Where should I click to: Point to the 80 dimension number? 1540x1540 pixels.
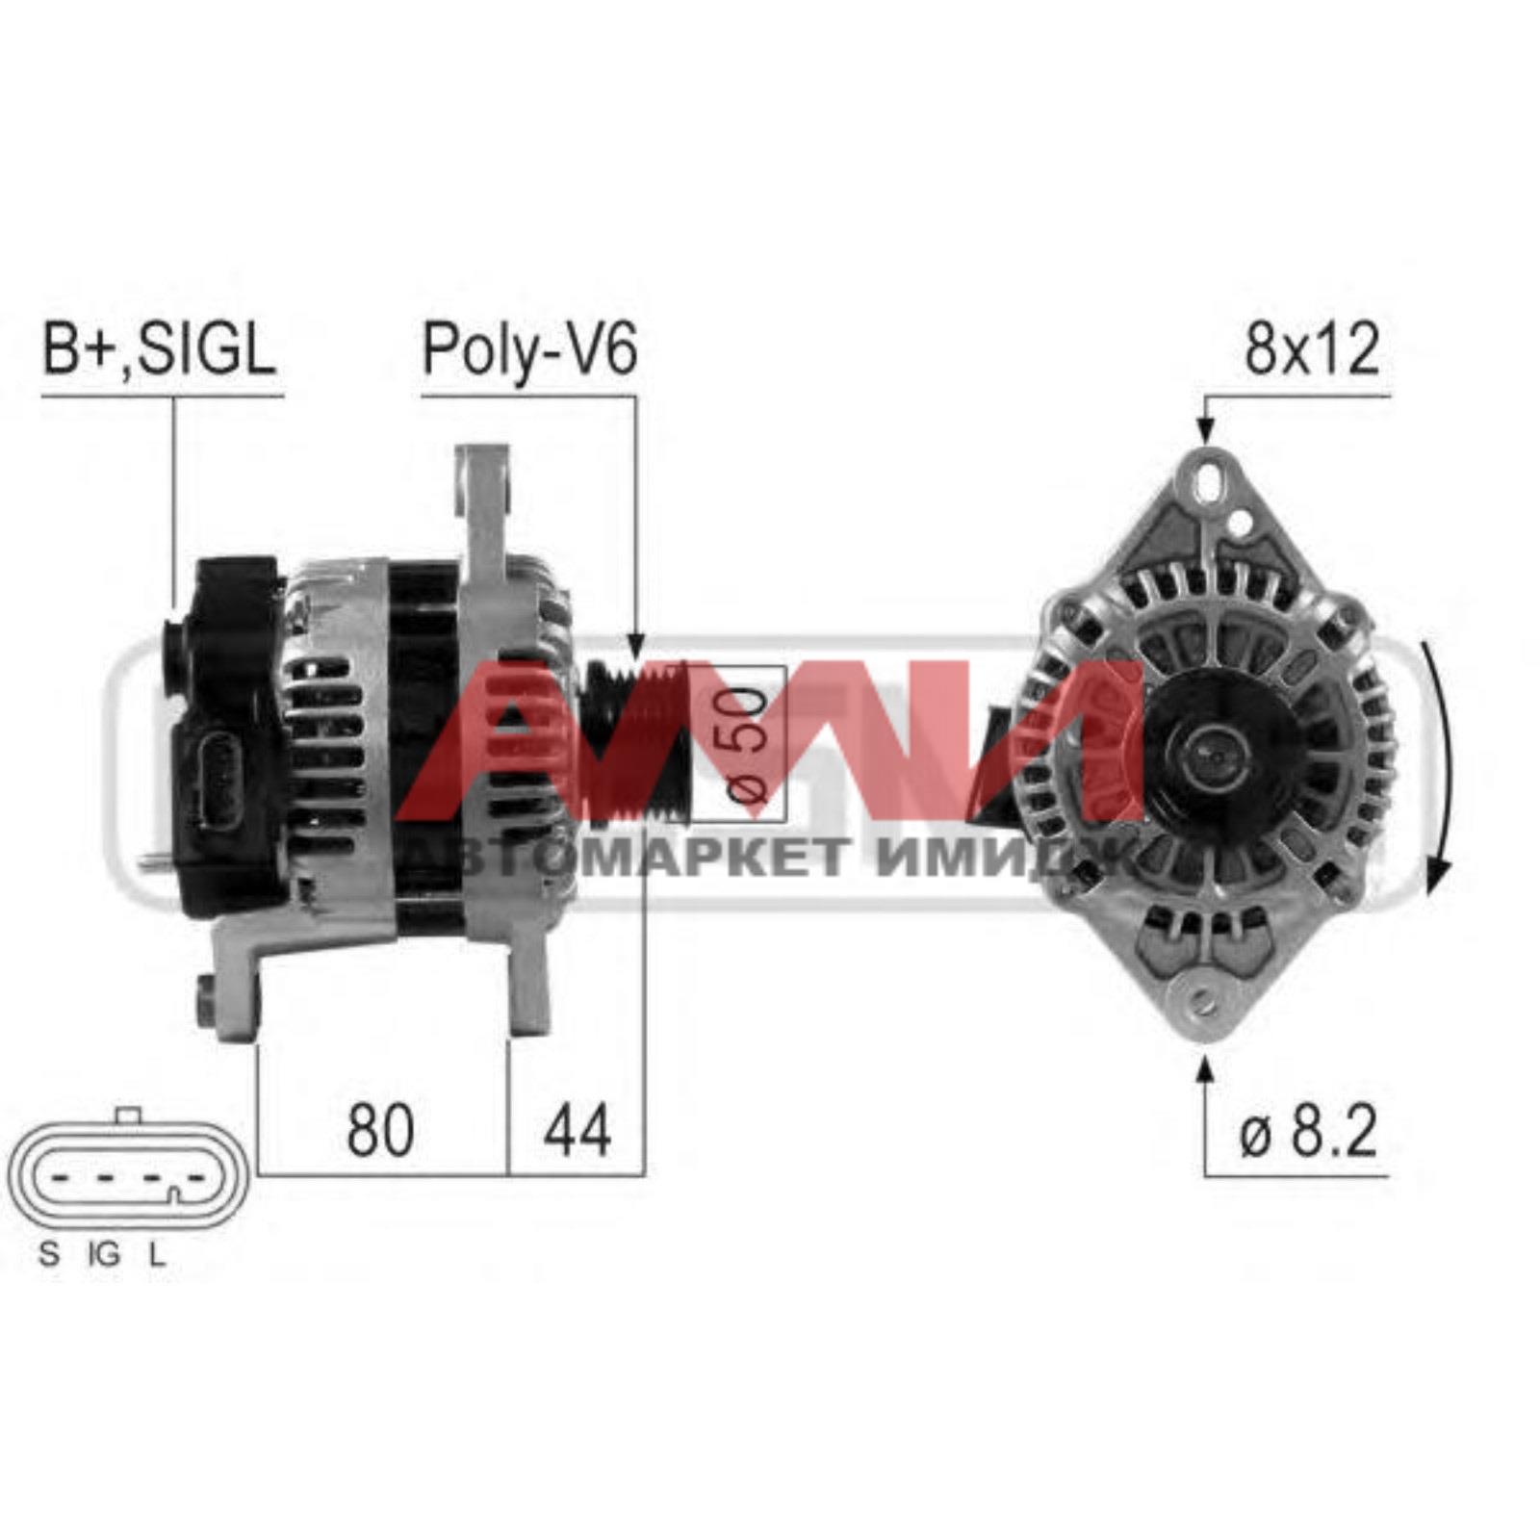pyautogui.click(x=380, y=1130)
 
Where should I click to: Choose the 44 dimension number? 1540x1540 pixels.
pyautogui.click(x=577, y=1130)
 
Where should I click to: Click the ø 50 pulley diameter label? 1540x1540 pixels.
pyautogui.click(x=749, y=741)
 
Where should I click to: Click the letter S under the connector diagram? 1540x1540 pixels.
pyautogui.click(x=48, y=1254)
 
